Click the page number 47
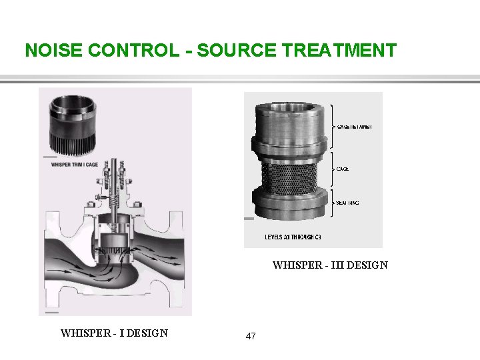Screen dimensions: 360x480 (251, 337)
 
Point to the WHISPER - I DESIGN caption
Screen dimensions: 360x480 (114, 333)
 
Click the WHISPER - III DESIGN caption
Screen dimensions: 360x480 (329, 265)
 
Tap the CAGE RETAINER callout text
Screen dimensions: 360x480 (355, 127)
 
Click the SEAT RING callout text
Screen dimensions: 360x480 (348, 203)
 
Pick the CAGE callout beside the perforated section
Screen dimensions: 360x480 (343, 169)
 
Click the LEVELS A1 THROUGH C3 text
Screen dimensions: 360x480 (293, 237)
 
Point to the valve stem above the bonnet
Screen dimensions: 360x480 (115, 171)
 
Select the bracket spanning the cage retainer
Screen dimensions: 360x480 (331, 127)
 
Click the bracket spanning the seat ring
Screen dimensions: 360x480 (331, 203)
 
